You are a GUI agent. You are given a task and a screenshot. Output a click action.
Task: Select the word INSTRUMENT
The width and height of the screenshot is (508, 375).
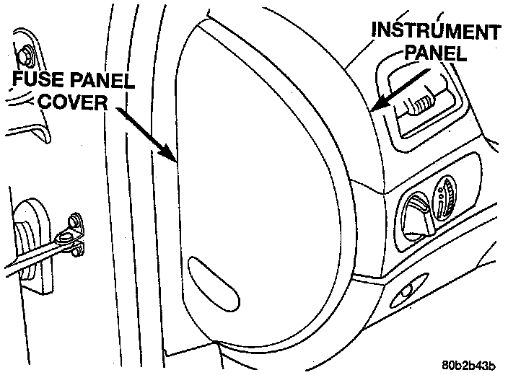[435, 32]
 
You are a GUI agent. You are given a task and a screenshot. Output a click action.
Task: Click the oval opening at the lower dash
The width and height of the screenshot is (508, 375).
[405, 293]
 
